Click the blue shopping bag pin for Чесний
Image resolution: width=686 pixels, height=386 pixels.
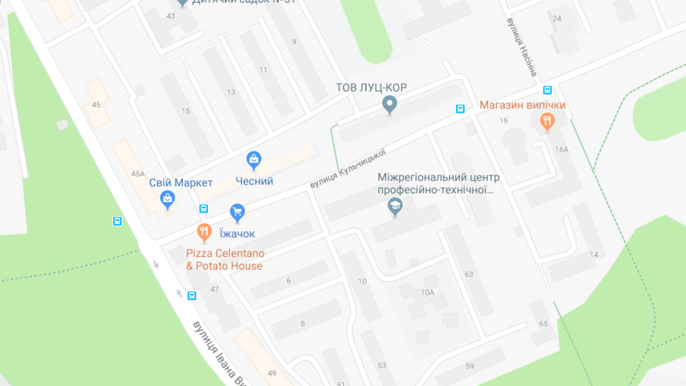(253, 160)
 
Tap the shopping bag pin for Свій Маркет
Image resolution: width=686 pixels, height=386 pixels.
(168, 199)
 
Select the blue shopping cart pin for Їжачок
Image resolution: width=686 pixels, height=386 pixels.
(237, 212)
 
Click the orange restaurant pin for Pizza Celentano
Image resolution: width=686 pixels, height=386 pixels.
(204, 232)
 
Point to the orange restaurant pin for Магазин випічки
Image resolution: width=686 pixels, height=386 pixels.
(547, 122)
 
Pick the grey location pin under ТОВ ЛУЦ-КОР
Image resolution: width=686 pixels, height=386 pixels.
(390, 105)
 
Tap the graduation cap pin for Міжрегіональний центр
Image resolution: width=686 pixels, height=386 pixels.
(396, 206)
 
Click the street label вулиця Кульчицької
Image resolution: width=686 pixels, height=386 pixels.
(348, 168)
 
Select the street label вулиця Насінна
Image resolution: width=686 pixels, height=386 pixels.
(522, 47)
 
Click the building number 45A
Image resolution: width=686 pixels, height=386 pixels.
(138, 174)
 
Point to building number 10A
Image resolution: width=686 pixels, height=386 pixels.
(427, 292)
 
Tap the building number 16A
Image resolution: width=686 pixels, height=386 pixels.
(562, 150)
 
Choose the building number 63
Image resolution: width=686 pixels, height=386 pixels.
(469, 274)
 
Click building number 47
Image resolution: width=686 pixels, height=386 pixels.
(214, 289)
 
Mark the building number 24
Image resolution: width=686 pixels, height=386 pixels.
(557, 18)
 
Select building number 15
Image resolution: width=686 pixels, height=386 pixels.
(185, 111)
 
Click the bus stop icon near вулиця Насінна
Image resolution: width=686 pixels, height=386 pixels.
(547, 90)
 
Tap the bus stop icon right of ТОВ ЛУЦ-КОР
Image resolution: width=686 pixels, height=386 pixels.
(460, 109)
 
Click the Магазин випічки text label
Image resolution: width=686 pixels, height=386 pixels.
(523, 105)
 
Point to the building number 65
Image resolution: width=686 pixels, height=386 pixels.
(543, 324)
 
